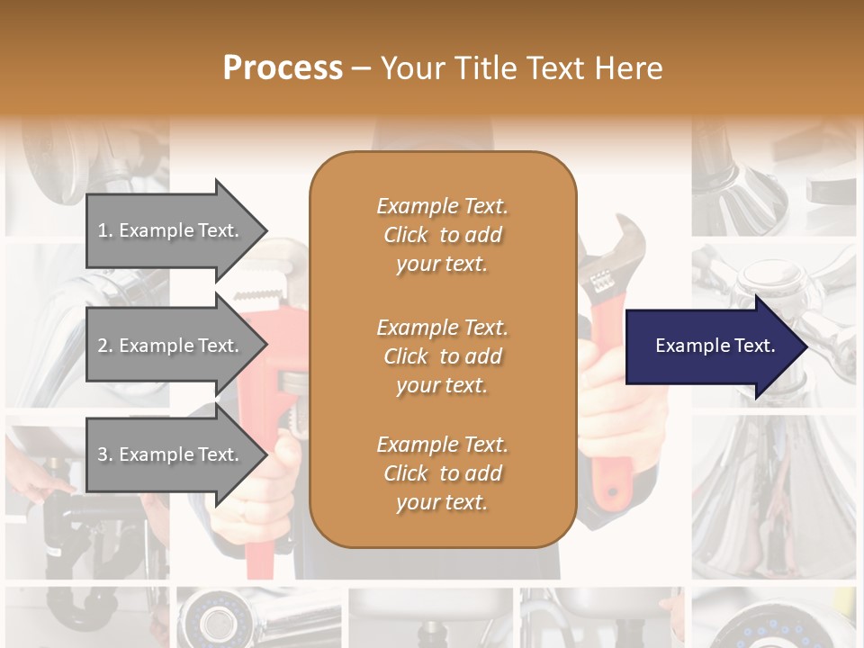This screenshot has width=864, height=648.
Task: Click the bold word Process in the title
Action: (x=283, y=68)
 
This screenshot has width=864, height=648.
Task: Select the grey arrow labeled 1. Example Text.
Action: (x=175, y=230)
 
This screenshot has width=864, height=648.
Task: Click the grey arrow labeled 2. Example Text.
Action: (x=175, y=346)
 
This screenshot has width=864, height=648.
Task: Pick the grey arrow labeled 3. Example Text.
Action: (x=175, y=454)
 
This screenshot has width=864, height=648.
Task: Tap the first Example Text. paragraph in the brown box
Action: (x=442, y=235)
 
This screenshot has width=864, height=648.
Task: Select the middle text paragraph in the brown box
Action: (x=442, y=356)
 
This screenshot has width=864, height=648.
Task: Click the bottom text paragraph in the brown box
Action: (x=442, y=473)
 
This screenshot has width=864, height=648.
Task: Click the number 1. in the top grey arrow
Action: (x=105, y=230)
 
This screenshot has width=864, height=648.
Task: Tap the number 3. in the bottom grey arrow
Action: (x=105, y=454)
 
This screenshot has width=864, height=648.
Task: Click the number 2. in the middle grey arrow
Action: (x=105, y=346)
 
